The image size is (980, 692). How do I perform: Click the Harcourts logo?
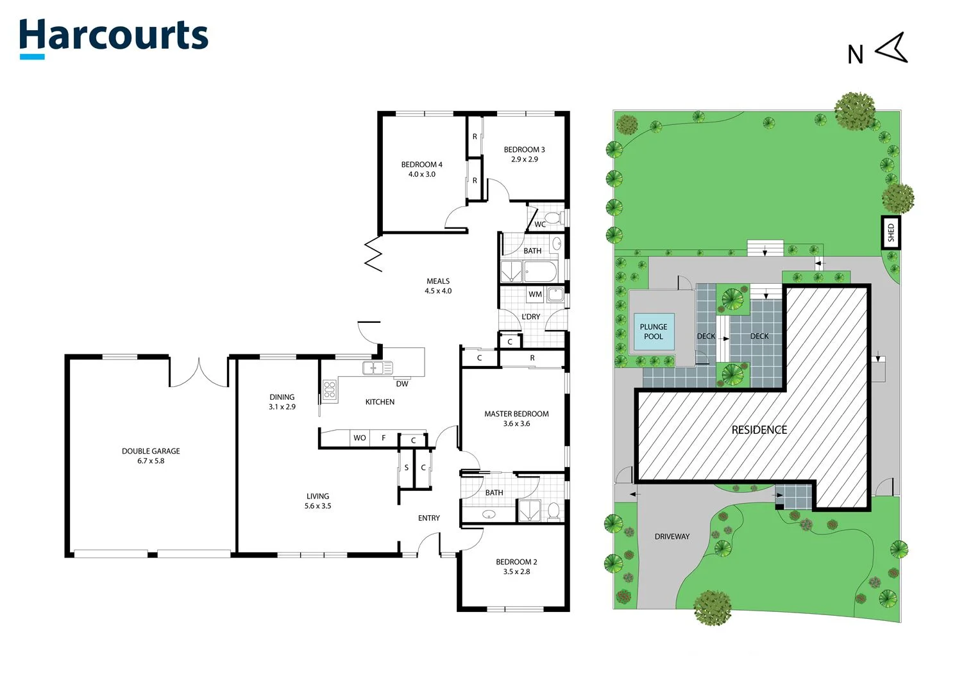click(114, 37)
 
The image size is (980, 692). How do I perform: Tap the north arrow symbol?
click(892, 48)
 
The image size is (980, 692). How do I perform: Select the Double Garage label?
click(151, 451)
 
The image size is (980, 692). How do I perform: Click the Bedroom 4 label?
click(421, 165)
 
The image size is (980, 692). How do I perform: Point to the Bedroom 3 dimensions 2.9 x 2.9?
click(524, 160)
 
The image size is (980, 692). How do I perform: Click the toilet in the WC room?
click(553, 218)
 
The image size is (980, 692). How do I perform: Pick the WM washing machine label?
click(535, 295)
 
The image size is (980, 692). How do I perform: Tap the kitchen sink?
click(377, 368)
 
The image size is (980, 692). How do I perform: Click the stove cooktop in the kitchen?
click(329, 390)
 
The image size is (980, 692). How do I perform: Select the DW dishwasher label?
click(401, 384)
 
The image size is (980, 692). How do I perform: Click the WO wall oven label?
click(359, 438)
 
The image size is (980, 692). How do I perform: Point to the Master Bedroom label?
click(516, 414)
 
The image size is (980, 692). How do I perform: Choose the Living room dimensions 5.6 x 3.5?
click(317, 506)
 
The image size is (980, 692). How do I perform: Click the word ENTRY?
click(429, 518)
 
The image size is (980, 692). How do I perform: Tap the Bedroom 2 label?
click(516, 562)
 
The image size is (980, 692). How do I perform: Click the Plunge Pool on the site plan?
click(654, 332)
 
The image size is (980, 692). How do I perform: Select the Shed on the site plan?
click(890, 233)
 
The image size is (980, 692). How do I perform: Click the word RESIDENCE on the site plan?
click(759, 430)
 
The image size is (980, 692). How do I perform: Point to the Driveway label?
click(672, 537)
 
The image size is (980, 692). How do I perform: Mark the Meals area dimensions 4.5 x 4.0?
click(438, 291)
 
